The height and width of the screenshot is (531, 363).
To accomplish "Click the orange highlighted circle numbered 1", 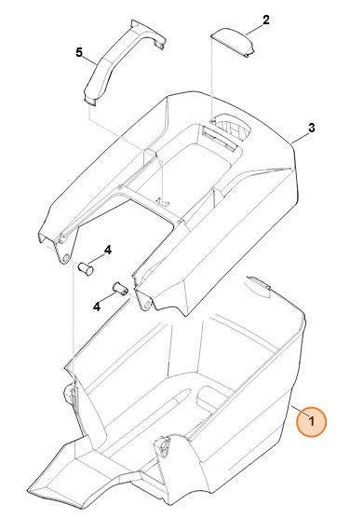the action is click(x=312, y=422).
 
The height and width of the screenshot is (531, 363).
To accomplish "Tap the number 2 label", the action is click(x=266, y=20).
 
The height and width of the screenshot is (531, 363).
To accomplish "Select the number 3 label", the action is click(x=312, y=128).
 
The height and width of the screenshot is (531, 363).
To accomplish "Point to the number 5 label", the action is click(x=79, y=52).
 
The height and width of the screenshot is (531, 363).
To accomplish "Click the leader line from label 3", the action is click(x=298, y=136).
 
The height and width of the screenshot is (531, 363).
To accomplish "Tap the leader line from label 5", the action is click(x=88, y=59).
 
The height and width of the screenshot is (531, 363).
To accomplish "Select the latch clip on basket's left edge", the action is click(x=71, y=396).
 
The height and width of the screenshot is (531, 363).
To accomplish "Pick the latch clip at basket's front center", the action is click(x=164, y=450).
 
